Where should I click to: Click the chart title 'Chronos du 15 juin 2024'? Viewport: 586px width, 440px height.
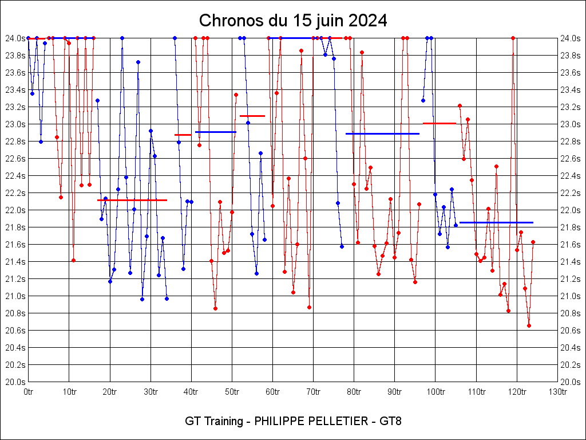[293, 21]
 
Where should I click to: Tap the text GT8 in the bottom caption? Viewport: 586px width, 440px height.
[391, 421]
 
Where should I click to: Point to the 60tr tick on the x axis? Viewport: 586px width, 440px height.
[272, 392]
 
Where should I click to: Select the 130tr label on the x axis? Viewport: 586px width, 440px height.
[557, 392]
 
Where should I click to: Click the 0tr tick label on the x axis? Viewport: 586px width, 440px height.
[29, 392]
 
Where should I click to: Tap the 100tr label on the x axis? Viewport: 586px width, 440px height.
[435, 392]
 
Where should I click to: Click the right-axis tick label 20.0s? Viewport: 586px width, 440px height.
[570, 382]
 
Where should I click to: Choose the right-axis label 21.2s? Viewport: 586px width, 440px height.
[570, 279]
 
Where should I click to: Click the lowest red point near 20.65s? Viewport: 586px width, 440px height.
[529, 325]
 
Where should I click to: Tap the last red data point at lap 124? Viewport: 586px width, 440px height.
[533, 242]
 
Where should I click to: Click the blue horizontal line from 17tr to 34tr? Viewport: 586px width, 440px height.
[132, 200]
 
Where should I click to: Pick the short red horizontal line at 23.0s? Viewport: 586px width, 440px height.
[439, 123]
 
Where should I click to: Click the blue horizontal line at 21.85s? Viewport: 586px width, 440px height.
[496, 222]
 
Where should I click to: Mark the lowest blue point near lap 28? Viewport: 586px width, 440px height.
[142, 299]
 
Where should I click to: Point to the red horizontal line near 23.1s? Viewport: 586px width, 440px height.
[252, 116]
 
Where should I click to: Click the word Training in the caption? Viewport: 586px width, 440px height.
[224, 421]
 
